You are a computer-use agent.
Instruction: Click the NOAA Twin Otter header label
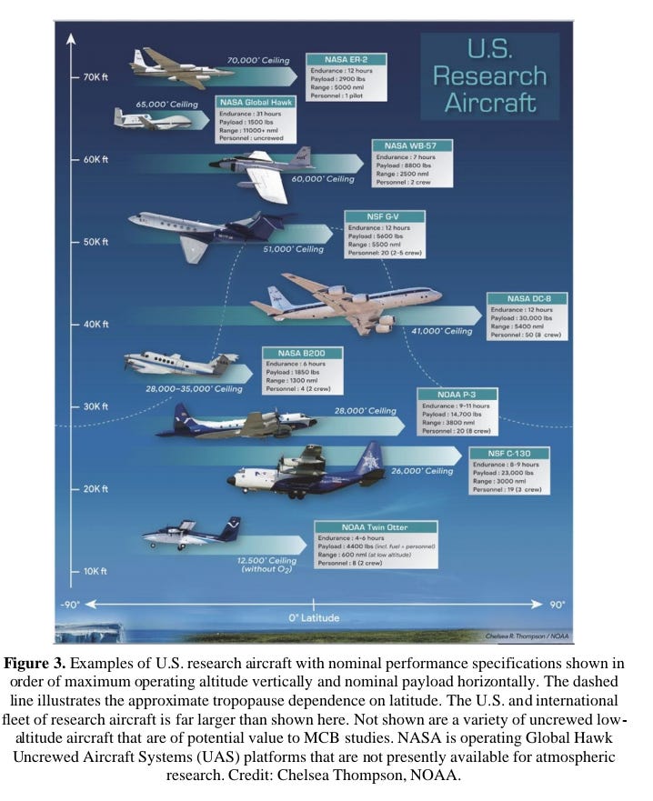point(376,526)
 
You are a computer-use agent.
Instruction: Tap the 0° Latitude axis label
point(314,618)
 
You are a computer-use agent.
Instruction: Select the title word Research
point(489,75)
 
